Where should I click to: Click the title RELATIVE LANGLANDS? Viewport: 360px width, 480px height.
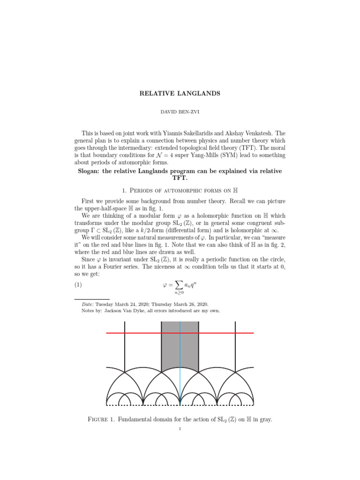click(x=180, y=93)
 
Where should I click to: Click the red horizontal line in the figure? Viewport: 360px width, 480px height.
click(x=141, y=333)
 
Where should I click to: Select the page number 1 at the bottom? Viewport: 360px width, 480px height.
click(x=180, y=434)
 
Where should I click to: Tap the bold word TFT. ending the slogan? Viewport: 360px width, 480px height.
click(x=180, y=178)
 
